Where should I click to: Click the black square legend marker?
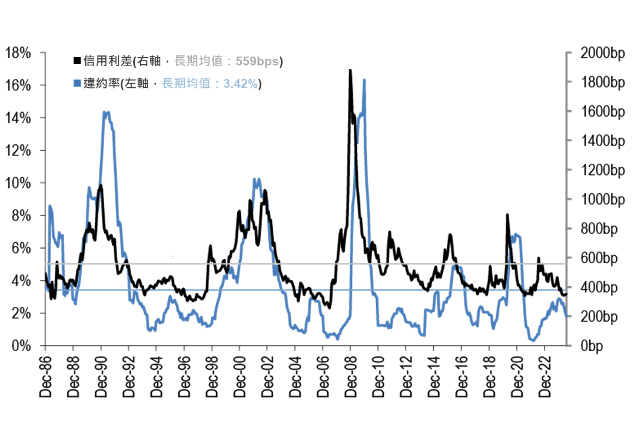pos(77,61)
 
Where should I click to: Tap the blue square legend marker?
pos(77,84)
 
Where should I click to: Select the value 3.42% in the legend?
pos(240,84)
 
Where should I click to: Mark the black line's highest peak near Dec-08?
pos(350,70)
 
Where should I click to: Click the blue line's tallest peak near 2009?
pos(364,80)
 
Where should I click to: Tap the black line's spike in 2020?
pos(507,215)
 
